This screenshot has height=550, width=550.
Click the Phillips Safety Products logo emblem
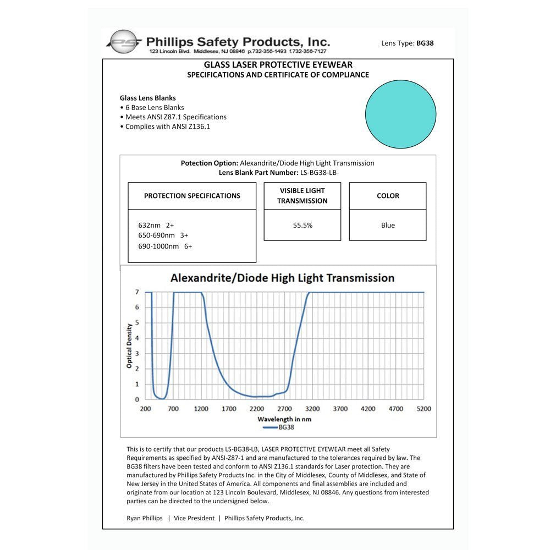point(123,42)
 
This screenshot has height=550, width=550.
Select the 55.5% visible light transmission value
point(302,225)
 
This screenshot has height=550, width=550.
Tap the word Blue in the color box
point(388,225)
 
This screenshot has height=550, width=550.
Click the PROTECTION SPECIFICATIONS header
point(192,196)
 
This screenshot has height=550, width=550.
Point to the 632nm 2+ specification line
point(156,225)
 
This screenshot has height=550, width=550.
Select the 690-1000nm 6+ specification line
point(165,246)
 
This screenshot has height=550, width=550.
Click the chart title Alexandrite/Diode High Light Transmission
point(282,278)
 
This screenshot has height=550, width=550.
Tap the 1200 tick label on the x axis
point(201,409)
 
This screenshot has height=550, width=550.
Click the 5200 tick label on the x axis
point(424,409)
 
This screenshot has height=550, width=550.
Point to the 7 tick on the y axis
point(137,292)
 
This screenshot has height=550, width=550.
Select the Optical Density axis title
point(129,346)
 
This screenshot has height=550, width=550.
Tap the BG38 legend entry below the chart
point(281,427)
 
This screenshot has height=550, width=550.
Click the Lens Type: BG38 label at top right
point(407,43)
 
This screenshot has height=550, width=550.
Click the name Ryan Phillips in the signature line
point(145,518)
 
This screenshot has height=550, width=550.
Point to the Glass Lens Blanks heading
point(148,98)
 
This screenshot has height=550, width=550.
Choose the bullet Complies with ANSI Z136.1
point(167,127)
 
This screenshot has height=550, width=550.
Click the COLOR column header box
point(388,196)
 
